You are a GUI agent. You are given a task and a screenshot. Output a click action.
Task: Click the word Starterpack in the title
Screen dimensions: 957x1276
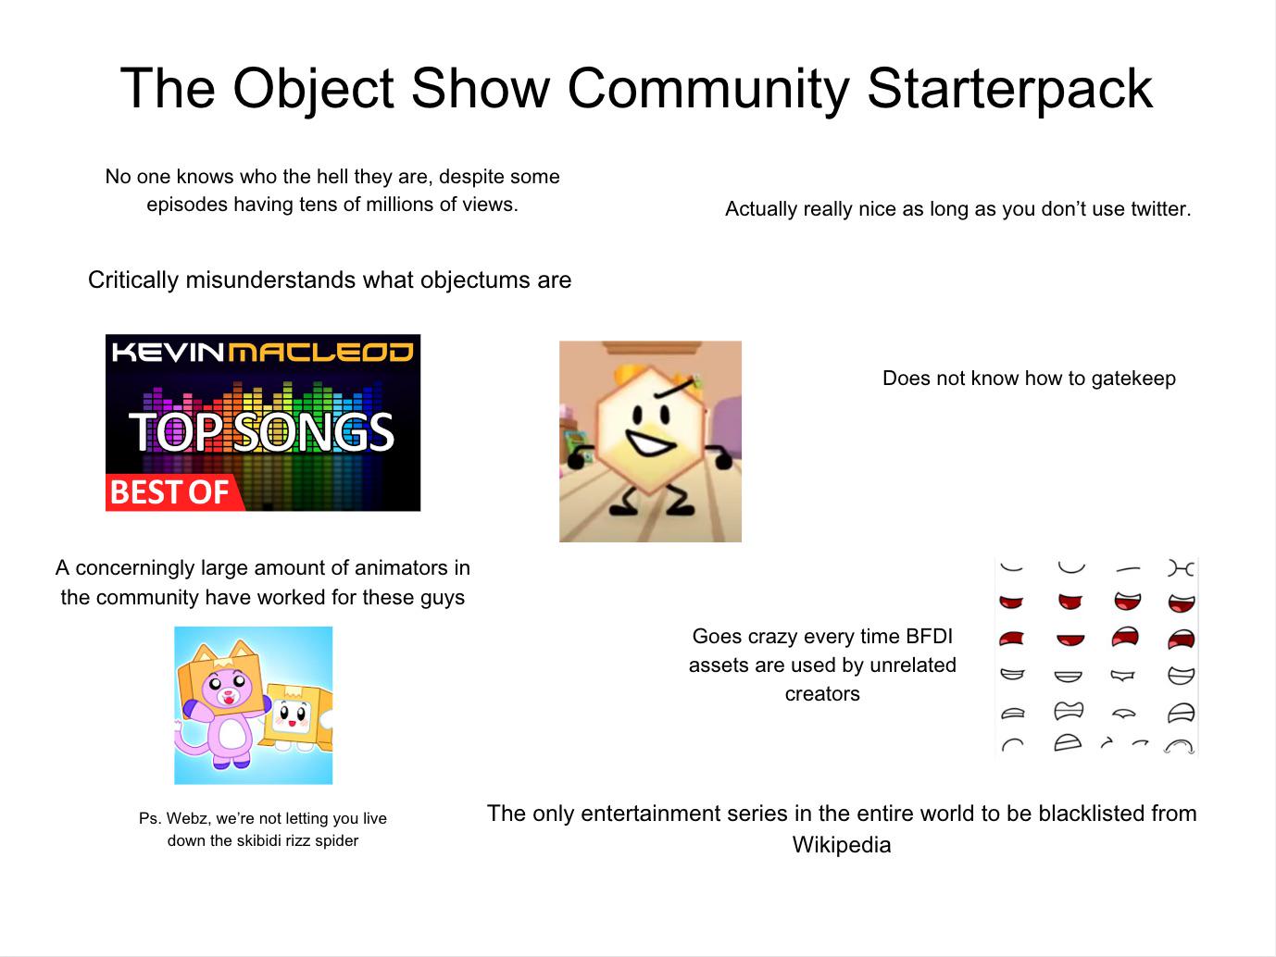click(1009, 90)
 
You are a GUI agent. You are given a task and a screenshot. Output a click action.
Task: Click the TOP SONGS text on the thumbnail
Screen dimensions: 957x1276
click(262, 432)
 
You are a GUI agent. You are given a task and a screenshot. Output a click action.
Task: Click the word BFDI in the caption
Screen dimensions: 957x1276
click(929, 637)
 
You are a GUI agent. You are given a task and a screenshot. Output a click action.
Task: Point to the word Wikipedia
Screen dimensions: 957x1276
click(841, 845)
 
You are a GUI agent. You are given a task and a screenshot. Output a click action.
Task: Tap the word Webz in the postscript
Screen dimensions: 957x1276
click(185, 819)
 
